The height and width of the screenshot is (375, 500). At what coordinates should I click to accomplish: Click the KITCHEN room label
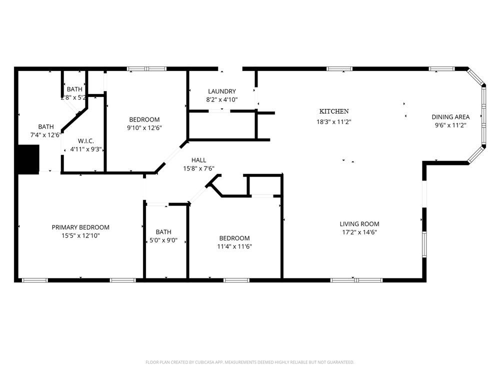coord(334,111)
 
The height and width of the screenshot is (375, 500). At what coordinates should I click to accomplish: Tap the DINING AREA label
coord(450,117)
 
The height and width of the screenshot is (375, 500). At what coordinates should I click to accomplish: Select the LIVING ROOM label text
coord(359,224)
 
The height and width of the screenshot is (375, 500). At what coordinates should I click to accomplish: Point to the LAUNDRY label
coord(221,91)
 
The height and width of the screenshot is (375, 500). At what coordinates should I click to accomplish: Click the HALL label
coord(198,160)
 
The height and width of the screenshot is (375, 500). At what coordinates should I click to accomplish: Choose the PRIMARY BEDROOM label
coord(80,227)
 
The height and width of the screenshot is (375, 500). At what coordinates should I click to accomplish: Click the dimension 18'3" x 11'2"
coord(334,121)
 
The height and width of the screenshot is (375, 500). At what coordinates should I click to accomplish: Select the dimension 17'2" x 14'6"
coord(359,232)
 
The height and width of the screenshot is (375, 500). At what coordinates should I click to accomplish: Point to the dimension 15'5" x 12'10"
coord(80,235)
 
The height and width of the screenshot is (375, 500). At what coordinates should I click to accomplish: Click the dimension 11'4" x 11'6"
coord(234,246)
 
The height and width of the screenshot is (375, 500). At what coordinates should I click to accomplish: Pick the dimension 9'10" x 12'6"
coord(144,127)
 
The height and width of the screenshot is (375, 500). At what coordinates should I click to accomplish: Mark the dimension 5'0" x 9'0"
coord(163,240)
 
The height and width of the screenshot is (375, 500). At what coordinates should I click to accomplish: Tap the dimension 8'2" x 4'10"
coord(221,99)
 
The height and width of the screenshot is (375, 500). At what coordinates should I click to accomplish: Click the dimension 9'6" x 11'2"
coord(450,125)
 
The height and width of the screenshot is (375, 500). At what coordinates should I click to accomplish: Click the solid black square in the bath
coord(28,159)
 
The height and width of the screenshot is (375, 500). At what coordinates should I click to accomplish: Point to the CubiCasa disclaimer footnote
coord(249,362)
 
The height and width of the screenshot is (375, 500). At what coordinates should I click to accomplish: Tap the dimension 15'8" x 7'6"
coord(198,168)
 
